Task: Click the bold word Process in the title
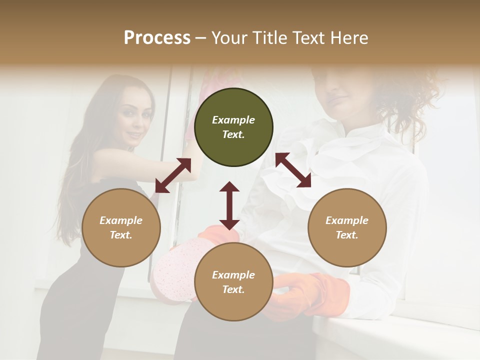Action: pos(157,38)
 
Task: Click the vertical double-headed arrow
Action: pos(229,205)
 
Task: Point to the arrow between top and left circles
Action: pos(173,175)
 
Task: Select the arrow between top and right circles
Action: pos(293,170)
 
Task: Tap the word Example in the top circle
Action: pos(233,120)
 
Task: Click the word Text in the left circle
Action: pos(121,235)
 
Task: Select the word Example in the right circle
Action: pos(347,220)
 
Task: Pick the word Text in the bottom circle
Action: pos(233,289)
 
